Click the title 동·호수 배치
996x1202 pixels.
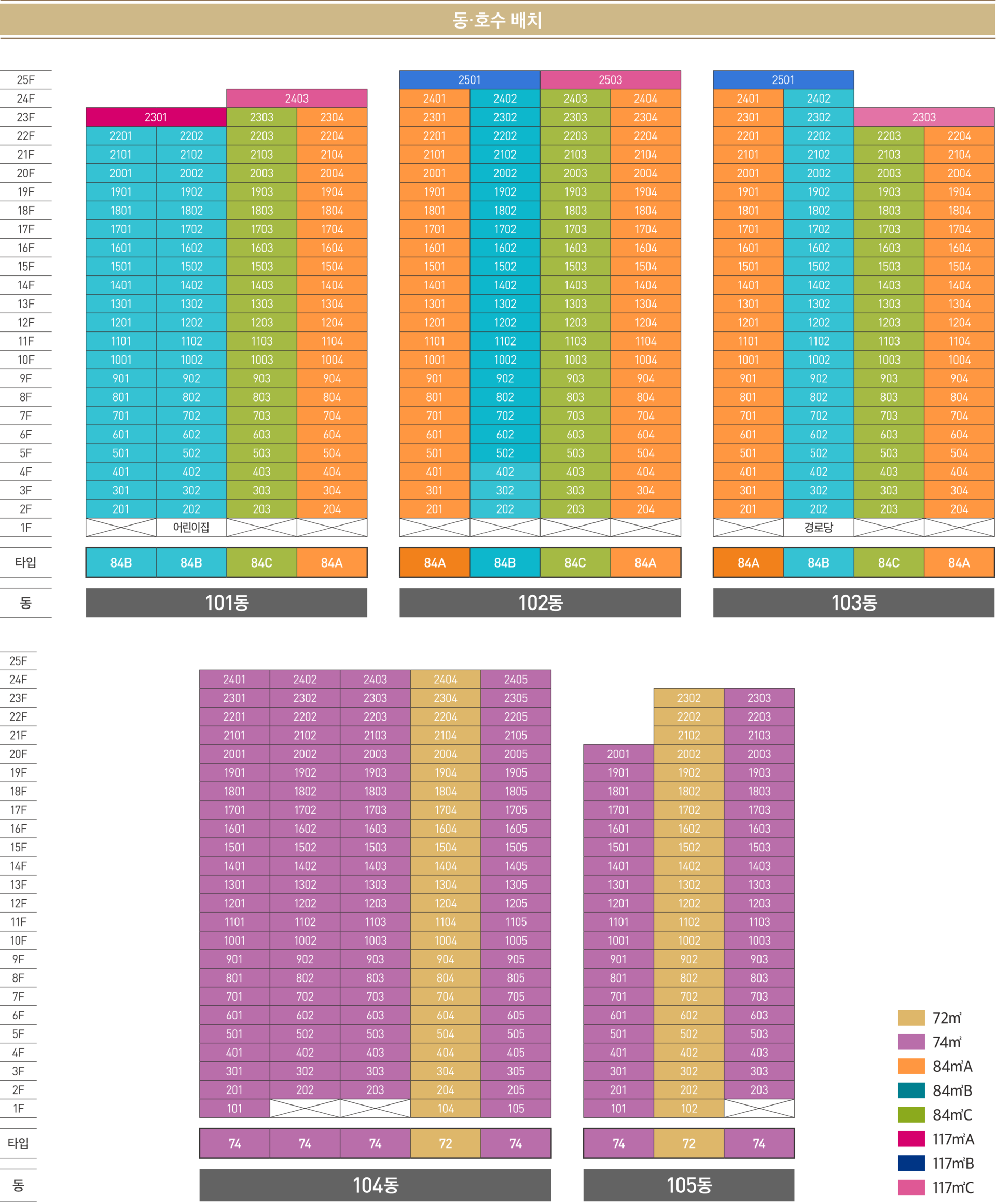point(497,21)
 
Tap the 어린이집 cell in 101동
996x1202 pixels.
point(191,527)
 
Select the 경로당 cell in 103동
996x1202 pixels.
point(819,527)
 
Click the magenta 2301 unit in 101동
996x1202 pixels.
point(156,117)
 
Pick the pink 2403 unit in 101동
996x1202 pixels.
point(297,99)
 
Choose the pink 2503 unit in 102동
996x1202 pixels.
point(610,79)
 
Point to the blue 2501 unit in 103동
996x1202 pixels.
point(783,79)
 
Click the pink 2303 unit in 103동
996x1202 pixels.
point(924,117)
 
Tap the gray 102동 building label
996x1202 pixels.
point(540,603)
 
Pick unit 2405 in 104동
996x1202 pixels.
point(516,680)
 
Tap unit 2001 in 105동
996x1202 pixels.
point(618,754)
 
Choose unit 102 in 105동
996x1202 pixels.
point(688,1109)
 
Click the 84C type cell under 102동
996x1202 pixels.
point(575,563)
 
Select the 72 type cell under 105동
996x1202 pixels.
point(688,1143)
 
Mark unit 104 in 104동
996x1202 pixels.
point(445,1109)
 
